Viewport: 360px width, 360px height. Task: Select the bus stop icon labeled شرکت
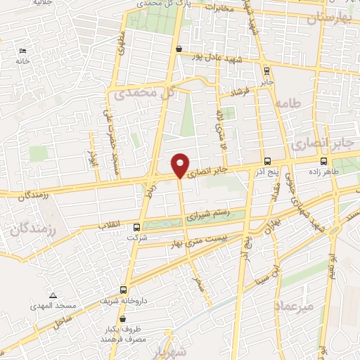click(x=137, y=227)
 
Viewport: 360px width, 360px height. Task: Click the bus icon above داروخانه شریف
click(x=124, y=289)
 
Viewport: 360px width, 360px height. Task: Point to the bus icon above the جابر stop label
click(x=266, y=70)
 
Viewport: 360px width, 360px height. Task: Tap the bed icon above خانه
click(x=22, y=51)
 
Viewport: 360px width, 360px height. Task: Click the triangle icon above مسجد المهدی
click(x=53, y=295)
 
